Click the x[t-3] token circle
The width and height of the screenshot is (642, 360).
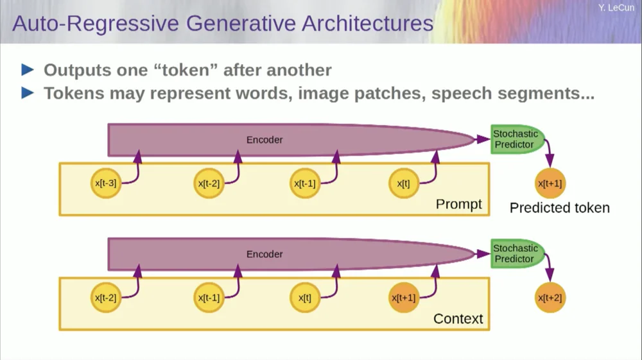(105, 184)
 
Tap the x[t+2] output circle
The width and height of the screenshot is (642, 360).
(550, 298)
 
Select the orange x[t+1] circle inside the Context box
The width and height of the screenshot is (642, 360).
(404, 298)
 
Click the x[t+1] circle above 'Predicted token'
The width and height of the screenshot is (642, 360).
(550, 184)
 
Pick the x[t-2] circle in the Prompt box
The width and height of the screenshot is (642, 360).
(209, 184)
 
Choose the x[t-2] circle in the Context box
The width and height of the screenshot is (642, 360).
(105, 298)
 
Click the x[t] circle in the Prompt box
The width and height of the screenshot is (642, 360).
(404, 184)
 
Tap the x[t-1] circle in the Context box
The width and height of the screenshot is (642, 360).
(209, 298)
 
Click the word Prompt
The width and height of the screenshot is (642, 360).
(458, 205)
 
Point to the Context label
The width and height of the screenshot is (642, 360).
(458, 319)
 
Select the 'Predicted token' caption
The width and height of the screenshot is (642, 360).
(559, 208)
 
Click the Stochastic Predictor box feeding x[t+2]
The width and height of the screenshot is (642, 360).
(516, 253)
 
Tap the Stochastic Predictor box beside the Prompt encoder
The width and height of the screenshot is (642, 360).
(516, 139)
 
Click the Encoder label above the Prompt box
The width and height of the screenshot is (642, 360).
(265, 140)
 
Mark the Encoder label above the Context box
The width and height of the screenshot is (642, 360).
(265, 254)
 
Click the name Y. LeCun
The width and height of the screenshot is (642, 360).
(616, 8)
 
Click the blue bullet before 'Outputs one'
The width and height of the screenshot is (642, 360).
(28, 69)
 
